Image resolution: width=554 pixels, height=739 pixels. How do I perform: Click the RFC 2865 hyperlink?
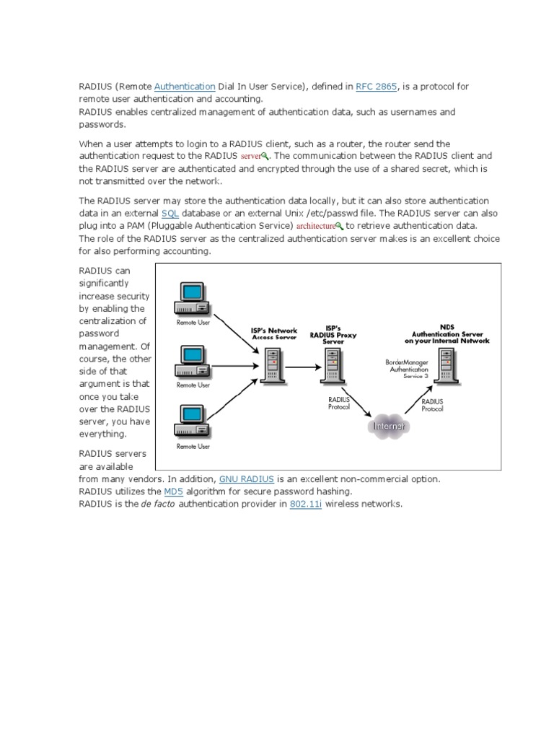tap(376, 87)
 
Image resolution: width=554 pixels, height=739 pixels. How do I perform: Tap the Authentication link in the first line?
tap(185, 87)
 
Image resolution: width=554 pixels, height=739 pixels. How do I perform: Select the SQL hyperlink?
tap(170, 214)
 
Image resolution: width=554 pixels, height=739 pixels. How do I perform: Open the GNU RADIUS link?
tap(246, 479)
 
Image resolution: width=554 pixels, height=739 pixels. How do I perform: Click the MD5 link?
tap(173, 491)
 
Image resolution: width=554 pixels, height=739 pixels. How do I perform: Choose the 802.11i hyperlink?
tap(306, 504)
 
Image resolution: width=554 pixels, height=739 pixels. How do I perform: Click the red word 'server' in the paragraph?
tap(250, 156)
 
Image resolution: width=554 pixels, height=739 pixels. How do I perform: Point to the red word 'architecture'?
tap(317, 226)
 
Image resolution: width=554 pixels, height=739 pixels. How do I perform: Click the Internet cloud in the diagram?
tap(387, 427)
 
